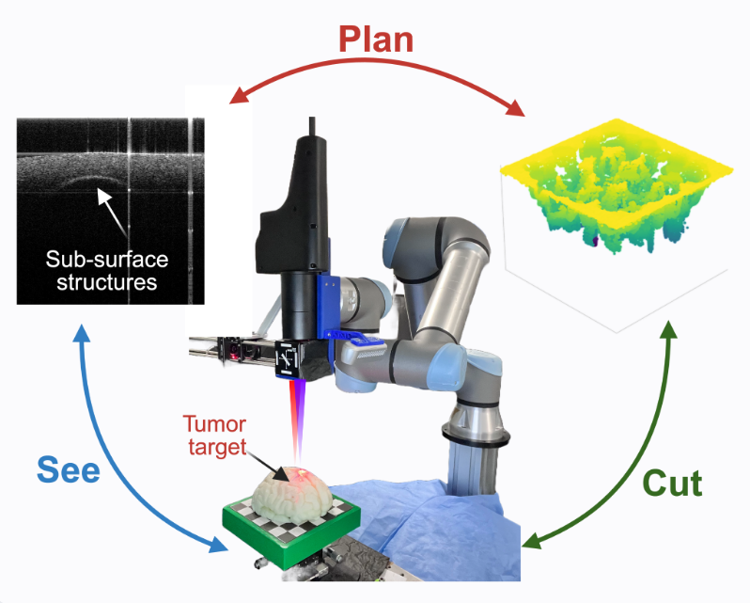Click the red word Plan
tap(375, 40)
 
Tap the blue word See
tap(68, 468)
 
